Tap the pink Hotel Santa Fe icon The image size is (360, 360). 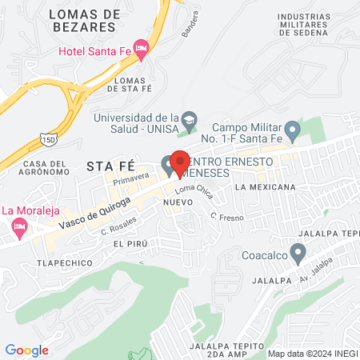pyautogui.click(x=141, y=50)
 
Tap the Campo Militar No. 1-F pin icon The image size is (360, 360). pyautogui.click(x=293, y=128)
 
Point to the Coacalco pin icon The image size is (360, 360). pyautogui.click(x=298, y=254)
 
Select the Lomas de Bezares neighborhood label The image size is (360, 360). pyautogui.click(x=84, y=21)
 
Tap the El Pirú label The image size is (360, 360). pyautogui.click(x=130, y=243)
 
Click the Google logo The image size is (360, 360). pyautogui.click(x=26, y=350)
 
